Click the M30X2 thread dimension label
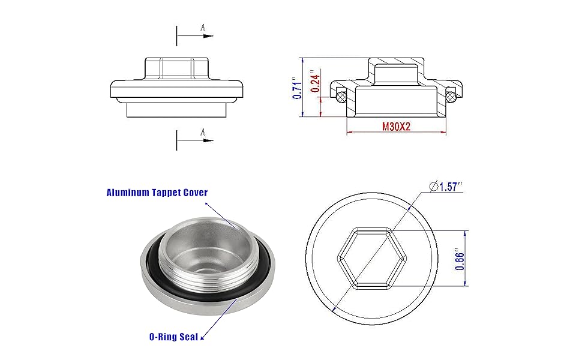[x=396, y=127]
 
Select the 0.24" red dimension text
[x=315, y=81]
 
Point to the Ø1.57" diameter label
[x=446, y=187]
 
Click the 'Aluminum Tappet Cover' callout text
[x=157, y=193]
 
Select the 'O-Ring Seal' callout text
[x=174, y=337]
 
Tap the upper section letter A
[x=203, y=28]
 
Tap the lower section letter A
[x=203, y=132]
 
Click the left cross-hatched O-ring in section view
[x=341, y=97]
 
